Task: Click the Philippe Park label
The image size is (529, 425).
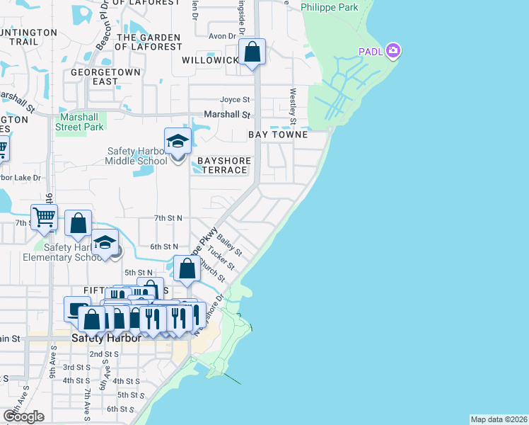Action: click(x=329, y=8)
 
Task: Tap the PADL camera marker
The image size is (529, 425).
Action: click(x=393, y=51)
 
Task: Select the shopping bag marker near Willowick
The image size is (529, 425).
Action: click(x=252, y=52)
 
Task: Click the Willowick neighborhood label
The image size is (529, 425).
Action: click(x=210, y=60)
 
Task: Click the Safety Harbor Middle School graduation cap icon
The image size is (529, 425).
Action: click(x=178, y=142)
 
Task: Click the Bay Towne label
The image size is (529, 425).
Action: click(x=277, y=135)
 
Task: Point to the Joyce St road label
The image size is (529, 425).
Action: click(x=236, y=100)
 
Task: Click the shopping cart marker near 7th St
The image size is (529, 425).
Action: click(x=44, y=217)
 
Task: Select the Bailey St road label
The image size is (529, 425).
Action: click(x=230, y=246)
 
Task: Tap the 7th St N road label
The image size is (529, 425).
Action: click(x=169, y=218)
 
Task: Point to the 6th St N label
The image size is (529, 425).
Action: click(x=164, y=246)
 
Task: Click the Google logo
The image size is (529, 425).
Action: click(x=23, y=416)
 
